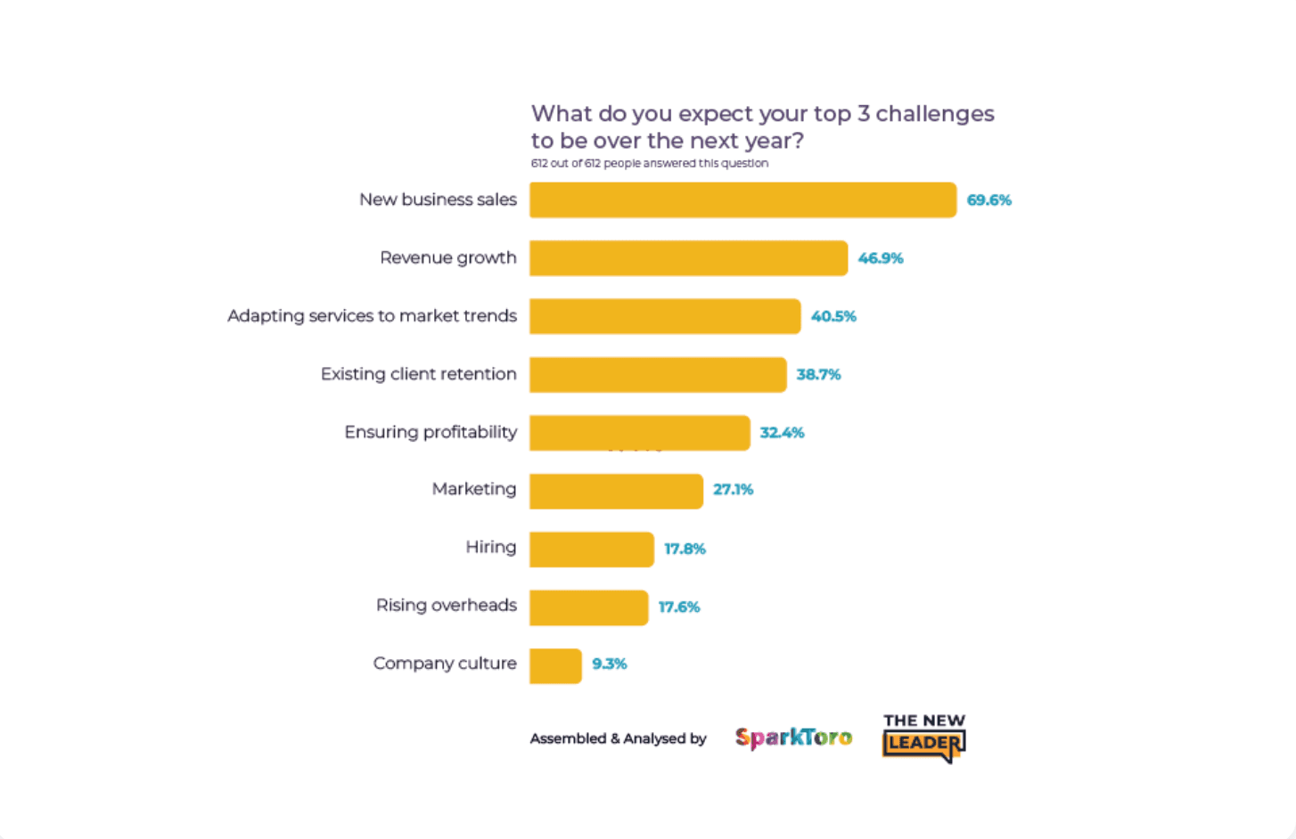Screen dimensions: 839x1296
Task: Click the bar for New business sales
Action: (742, 200)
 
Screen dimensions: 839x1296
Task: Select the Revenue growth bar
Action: (688, 258)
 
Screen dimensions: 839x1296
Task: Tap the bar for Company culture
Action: (555, 665)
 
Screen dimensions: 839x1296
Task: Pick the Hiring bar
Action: (592, 549)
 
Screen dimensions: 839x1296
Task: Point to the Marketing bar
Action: (616, 491)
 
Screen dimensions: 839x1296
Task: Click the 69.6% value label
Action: (988, 200)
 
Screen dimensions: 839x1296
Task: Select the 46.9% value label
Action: (881, 258)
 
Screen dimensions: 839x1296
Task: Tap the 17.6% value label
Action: (679, 607)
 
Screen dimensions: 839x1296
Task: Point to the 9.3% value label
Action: (610, 664)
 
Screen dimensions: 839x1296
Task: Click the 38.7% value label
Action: (818, 375)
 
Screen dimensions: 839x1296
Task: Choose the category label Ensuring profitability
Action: (431, 432)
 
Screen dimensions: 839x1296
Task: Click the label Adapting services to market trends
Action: (372, 316)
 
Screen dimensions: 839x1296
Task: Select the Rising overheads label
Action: (446, 606)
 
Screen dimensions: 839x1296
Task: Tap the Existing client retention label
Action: (418, 374)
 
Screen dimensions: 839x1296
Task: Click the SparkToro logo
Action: (793, 737)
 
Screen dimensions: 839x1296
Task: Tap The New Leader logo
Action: (924, 738)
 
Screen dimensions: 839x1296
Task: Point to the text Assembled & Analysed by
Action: (618, 738)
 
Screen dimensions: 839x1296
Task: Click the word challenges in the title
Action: (934, 114)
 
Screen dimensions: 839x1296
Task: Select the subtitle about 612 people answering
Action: (649, 163)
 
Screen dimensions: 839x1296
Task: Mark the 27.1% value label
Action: (733, 490)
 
